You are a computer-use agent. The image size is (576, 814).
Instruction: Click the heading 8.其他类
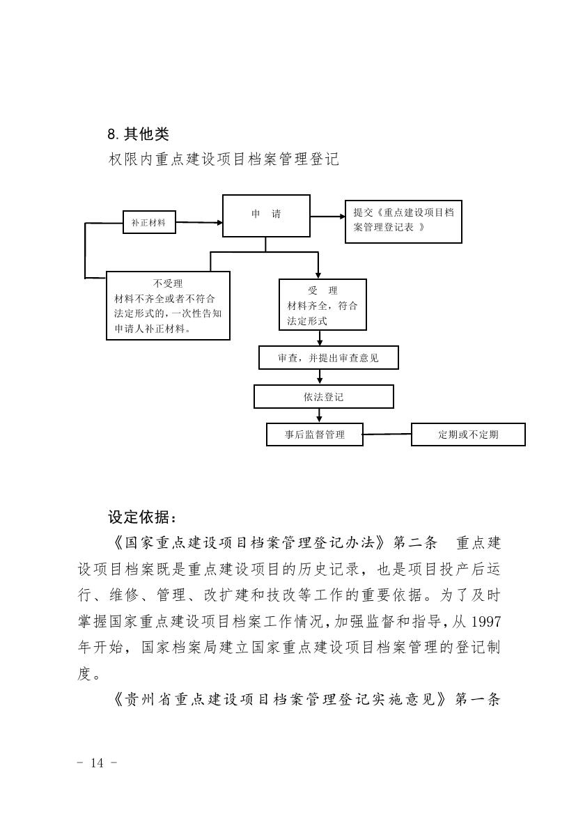click(x=138, y=134)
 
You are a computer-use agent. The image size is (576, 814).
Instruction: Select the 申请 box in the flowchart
click(x=266, y=216)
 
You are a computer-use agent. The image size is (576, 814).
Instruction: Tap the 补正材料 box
click(x=149, y=223)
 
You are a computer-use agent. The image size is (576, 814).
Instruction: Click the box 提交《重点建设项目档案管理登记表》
click(x=403, y=220)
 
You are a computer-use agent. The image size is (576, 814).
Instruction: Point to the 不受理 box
click(x=168, y=305)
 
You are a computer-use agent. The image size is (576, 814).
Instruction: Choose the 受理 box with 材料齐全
click(x=322, y=305)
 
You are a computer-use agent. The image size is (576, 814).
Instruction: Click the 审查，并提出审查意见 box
click(x=328, y=358)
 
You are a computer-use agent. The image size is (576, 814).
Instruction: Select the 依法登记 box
click(x=323, y=397)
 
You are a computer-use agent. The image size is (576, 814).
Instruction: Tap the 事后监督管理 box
click(x=315, y=435)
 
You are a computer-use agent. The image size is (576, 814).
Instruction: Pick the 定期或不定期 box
click(x=468, y=435)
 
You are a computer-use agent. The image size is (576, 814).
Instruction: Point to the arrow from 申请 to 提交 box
click(x=327, y=217)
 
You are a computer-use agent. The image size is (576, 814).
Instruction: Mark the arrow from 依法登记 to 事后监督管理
click(x=320, y=415)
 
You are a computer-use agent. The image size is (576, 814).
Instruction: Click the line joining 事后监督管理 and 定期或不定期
click(x=387, y=435)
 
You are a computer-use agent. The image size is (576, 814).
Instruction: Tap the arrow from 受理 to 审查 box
click(x=320, y=338)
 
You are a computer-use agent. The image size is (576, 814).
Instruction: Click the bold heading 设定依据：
click(x=143, y=517)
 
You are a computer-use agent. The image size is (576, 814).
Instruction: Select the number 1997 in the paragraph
click(x=485, y=621)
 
